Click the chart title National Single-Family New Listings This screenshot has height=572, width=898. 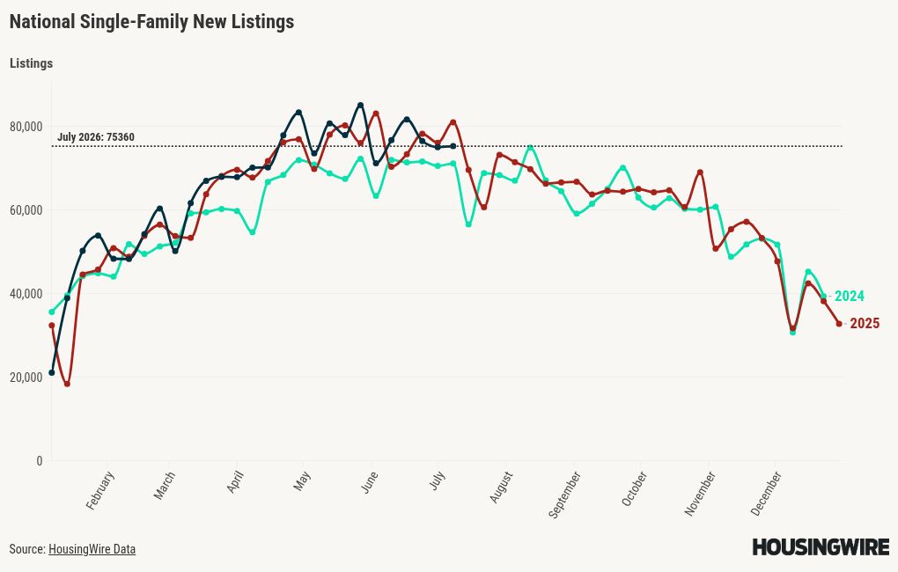tap(151, 22)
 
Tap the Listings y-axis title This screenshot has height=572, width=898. tap(31, 63)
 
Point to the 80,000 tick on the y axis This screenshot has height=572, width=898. tap(26, 127)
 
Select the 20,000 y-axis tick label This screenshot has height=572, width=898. tap(26, 378)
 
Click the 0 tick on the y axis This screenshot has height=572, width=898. tap(39, 461)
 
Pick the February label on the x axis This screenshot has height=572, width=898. tap(100, 490)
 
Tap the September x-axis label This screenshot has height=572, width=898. tap(564, 495)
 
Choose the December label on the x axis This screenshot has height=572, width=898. tap(766, 494)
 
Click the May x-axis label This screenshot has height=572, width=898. tap(302, 481)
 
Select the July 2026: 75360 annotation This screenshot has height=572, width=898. tap(96, 137)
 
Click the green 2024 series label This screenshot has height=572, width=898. tap(850, 296)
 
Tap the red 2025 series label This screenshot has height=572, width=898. tap(865, 324)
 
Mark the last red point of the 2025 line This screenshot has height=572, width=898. tap(839, 324)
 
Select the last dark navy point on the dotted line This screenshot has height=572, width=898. tap(453, 146)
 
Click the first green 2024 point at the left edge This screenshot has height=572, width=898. tap(52, 312)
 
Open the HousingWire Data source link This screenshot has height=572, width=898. tap(92, 549)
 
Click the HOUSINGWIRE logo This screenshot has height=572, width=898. tap(821, 546)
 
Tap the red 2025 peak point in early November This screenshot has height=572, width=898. tap(700, 172)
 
